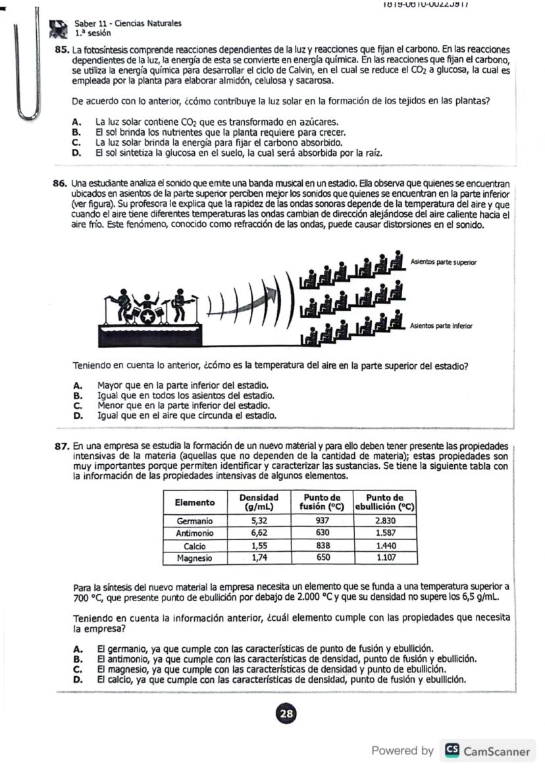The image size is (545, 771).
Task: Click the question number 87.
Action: [x=63, y=446]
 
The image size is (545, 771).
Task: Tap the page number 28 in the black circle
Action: [x=286, y=714]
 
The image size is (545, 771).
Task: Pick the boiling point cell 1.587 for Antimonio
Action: [x=385, y=533]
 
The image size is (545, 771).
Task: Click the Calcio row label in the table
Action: [x=194, y=546]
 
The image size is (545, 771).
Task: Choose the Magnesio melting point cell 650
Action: [x=322, y=558]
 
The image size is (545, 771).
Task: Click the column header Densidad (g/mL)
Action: [x=259, y=502]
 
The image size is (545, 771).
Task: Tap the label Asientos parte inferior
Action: [x=441, y=326]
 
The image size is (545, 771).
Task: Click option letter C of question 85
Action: [x=77, y=142]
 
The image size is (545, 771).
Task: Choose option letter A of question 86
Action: [x=77, y=385]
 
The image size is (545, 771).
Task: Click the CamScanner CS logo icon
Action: [x=452, y=751]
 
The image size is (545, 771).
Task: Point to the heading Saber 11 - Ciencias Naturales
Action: [x=128, y=23]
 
